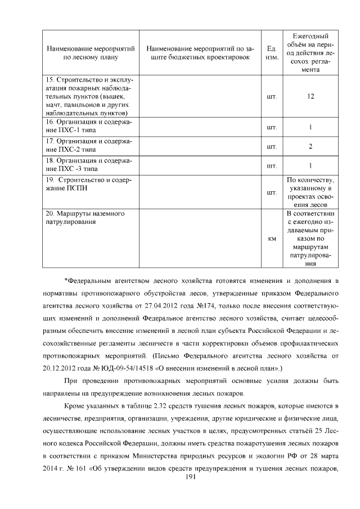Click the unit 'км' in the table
tap(272, 239)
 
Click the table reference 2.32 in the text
tap(155, 406)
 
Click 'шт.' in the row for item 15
tap(272, 96)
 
